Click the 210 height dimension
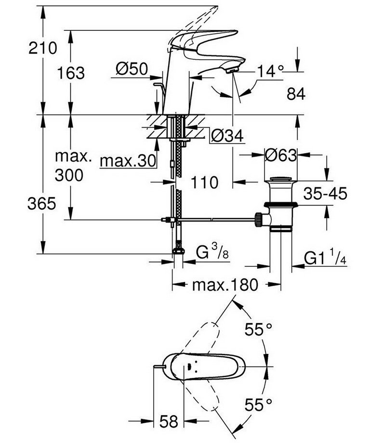[x=43, y=48]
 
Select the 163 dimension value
[x=71, y=74]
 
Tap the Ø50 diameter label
[x=132, y=69]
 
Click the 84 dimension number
[x=295, y=94]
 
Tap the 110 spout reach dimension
[x=204, y=182]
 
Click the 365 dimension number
[x=41, y=204]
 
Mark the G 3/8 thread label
[x=211, y=253]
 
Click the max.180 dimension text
[x=225, y=285]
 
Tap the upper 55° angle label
[x=258, y=330]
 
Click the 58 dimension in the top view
[x=168, y=421]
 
